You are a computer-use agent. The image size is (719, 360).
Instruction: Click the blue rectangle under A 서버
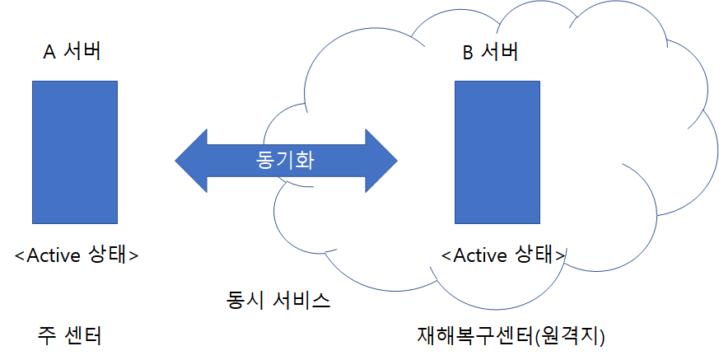click(x=75, y=152)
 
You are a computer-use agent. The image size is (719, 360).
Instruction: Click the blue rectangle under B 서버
click(x=497, y=152)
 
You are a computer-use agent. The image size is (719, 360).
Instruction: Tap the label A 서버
click(x=72, y=51)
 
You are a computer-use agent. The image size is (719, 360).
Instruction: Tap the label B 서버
click(x=491, y=51)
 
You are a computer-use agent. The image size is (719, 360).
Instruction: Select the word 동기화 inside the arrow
click(x=285, y=161)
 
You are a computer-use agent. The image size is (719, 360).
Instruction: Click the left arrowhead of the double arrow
click(x=191, y=161)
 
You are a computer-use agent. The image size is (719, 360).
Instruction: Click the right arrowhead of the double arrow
click(x=381, y=161)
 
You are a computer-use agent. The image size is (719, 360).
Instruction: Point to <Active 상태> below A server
click(x=77, y=255)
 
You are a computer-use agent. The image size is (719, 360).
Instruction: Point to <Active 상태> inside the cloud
click(x=503, y=255)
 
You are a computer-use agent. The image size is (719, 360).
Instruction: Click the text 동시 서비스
click(x=278, y=300)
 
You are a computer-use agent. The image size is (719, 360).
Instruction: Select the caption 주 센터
click(x=69, y=336)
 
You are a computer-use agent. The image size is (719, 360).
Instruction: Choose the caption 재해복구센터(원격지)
click(x=511, y=336)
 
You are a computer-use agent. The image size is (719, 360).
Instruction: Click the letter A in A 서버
click(x=49, y=52)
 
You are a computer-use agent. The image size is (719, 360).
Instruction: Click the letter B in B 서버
click(x=468, y=52)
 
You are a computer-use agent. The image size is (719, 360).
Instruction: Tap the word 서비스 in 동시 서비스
click(x=301, y=300)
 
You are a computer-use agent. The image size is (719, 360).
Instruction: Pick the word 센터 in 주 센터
click(x=83, y=336)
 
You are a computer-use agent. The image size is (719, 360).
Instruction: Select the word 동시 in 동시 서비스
click(x=245, y=300)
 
